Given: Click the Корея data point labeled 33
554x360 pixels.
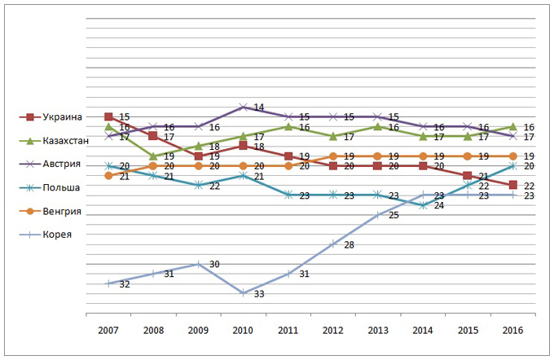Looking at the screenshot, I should click(244, 292).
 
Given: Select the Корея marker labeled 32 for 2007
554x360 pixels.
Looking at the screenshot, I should click(108, 283).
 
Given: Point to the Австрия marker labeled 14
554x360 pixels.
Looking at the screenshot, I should click(244, 107).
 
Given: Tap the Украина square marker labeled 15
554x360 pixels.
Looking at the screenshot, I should click(108, 116).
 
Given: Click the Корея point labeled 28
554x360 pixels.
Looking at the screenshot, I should click(332, 244).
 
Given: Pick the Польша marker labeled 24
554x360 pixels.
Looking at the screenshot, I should click(422, 205).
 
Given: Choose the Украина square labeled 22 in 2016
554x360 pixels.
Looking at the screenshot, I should click(512, 185).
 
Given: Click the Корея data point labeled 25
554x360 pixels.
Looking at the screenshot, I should click(377, 215).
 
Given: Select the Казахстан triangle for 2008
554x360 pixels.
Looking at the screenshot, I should click(153, 156).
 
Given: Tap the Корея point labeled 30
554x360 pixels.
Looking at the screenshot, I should click(198, 264).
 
